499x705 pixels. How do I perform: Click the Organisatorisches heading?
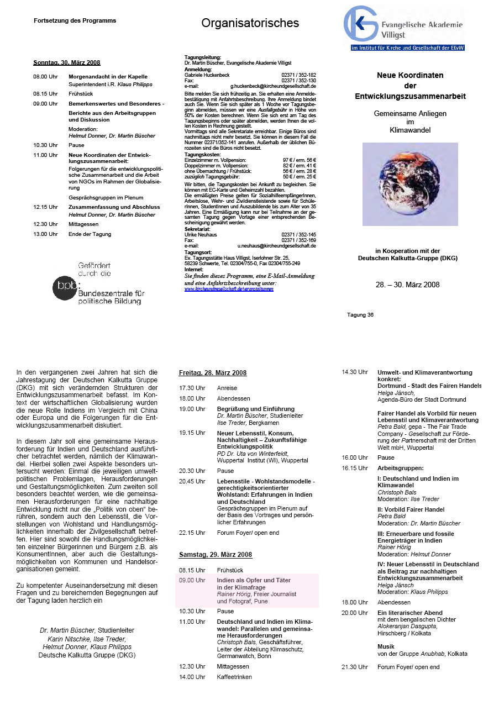tap(250, 23)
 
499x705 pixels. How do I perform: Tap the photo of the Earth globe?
tap(410, 183)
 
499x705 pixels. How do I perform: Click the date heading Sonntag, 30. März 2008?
tap(66, 62)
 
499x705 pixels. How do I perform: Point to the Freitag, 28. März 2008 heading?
tap(213, 373)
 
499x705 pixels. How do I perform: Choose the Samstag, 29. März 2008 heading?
tap(215, 554)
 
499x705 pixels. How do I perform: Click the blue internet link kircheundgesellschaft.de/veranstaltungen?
tap(229, 288)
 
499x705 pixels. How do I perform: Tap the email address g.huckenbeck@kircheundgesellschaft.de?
tap(273, 86)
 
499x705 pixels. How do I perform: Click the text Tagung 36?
tap(360, 314)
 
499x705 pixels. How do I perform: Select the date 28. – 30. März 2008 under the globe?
tap(407, 285)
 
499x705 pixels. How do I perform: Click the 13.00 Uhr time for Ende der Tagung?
tap(45, 234)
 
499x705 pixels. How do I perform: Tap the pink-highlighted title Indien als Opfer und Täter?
tap(254, 580)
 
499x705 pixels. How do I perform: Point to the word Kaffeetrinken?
tap(234, 676)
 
